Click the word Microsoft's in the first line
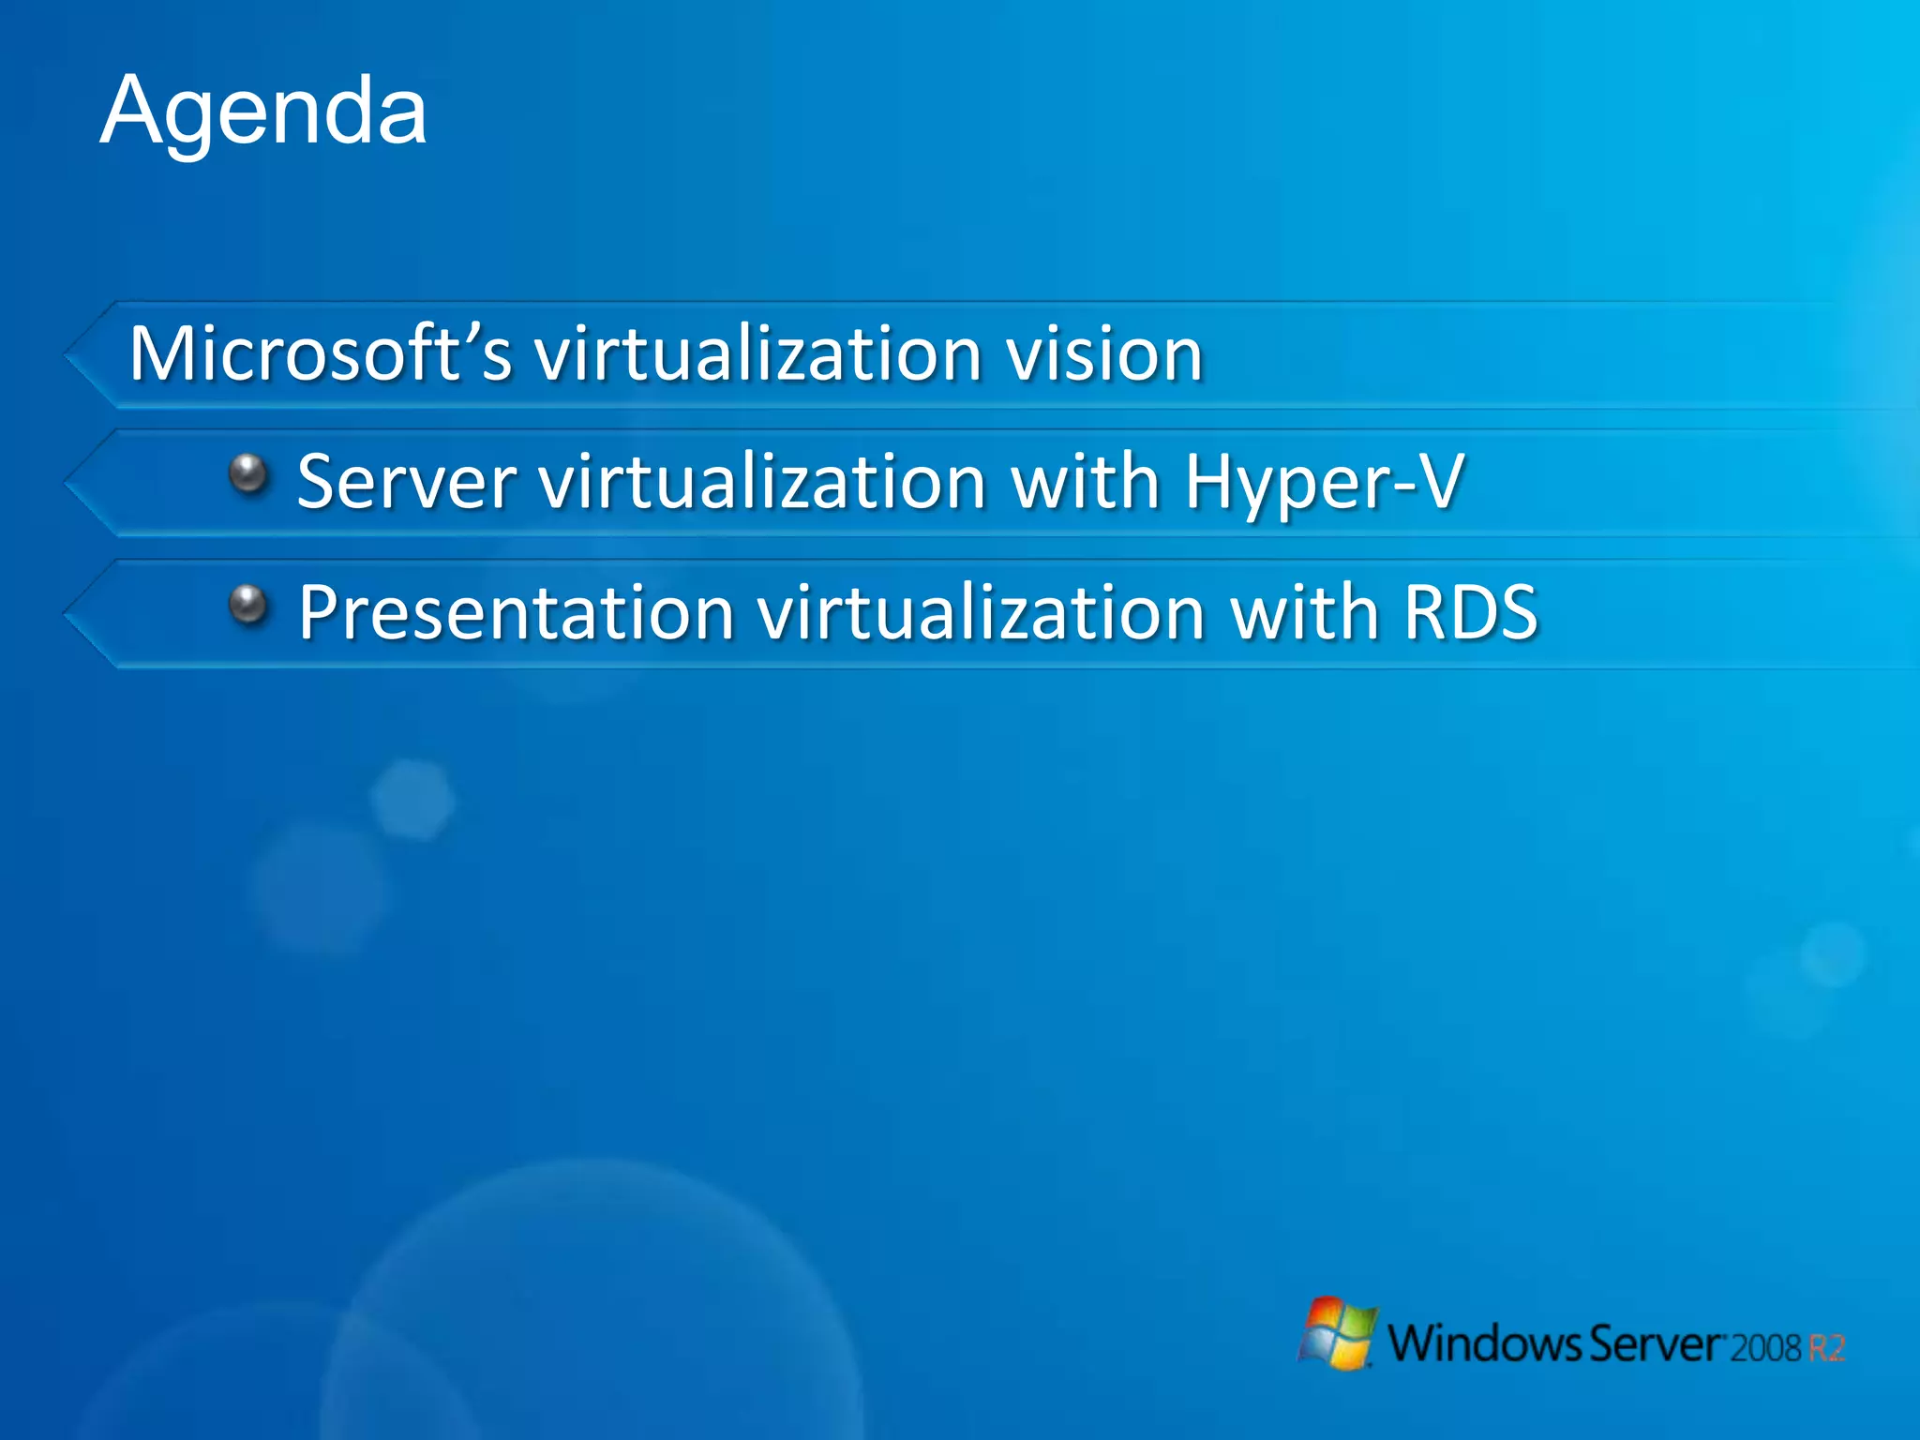[320, 353]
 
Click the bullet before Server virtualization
[249, 473]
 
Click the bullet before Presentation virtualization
[249, 605]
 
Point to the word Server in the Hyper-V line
[406, 482]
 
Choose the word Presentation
[516, 612]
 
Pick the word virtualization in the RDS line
[981, 612]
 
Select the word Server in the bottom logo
[1657, 1343]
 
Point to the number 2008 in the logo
[1765, 1348]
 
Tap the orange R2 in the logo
[1826, 1348]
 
